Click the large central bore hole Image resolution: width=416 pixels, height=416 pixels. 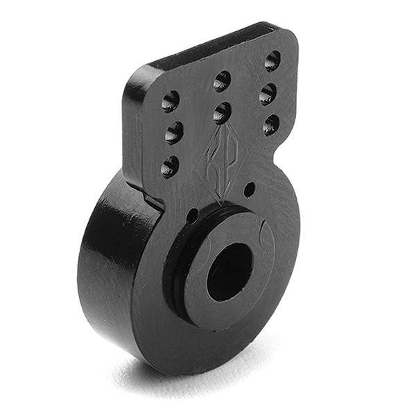point(229,271)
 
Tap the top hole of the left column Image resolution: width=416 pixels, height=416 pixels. point(170,101)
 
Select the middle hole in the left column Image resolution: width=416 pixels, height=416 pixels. point(173,132)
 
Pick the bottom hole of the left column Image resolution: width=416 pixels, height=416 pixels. point(170,166)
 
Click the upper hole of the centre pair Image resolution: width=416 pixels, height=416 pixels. point(222,81)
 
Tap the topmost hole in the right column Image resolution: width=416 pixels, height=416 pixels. point(272,61)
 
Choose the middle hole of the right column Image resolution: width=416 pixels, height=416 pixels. point(268,94)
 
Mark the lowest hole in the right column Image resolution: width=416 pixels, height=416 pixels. point(271,125)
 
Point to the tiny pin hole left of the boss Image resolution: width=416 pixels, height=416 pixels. point(193,216)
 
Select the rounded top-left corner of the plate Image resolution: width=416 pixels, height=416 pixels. point(133,80)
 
